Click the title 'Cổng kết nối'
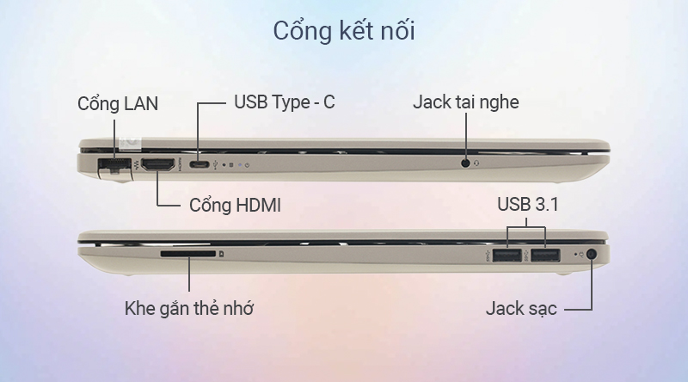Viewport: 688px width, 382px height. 344,31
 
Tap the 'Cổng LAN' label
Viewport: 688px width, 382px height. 118,104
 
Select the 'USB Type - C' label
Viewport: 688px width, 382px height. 285,102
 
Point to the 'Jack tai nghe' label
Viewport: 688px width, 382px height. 465,102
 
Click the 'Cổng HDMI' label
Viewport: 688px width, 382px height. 235,205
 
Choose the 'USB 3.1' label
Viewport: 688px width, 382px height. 527,204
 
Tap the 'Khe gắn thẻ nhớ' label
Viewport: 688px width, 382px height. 188,308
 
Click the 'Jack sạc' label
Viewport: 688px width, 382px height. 521,308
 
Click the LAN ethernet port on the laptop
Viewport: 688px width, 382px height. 114,165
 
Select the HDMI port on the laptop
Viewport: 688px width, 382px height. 158,164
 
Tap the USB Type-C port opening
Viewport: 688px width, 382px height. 200,164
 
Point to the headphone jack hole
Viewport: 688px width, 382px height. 465,163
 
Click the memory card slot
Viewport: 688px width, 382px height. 188,254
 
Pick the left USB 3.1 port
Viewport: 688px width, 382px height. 507,256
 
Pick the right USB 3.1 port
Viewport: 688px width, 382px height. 545,256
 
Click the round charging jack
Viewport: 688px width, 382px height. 592,254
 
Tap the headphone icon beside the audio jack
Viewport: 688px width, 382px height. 476,163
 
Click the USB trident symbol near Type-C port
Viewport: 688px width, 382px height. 216,165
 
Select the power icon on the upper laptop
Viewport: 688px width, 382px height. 248,165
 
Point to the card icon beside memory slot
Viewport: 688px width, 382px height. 222,254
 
